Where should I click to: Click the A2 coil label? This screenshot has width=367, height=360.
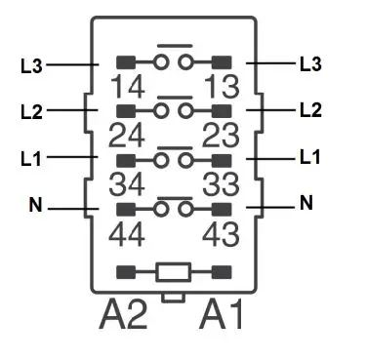pyautogui.click(x=125, y=314)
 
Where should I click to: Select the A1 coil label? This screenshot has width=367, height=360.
pyautogui.click(x=223, y=314)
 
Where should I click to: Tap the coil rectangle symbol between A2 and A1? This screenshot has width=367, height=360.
pyautogui.click(x=174, y=271)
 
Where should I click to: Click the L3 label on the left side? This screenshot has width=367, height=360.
pyautogui.click(x=31, y=66)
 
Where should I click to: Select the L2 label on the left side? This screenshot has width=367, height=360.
pyautogui.click(x=31, y=111)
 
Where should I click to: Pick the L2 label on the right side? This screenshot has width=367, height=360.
pyautogui.click(x=310, y=109)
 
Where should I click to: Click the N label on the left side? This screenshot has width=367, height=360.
pyautogui.click(x=35, y=207)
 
